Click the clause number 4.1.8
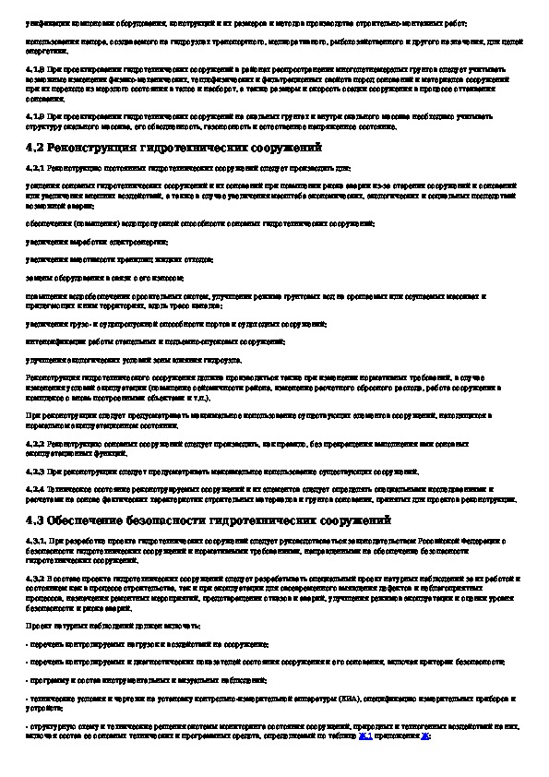click(34, 69)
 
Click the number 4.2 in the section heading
click(35, 148)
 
